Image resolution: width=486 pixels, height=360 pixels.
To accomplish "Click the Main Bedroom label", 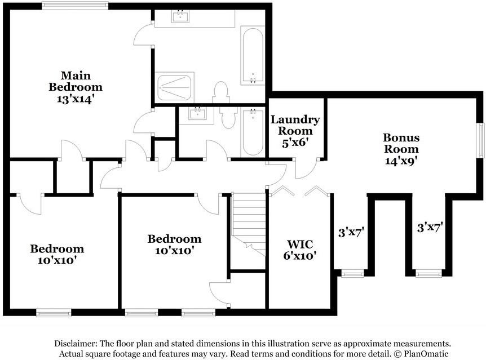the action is [76, 81].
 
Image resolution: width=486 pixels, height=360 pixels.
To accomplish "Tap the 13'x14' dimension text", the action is [76, 99].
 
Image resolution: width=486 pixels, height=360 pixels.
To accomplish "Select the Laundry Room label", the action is [295, 125].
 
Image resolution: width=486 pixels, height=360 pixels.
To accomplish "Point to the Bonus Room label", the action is [401, 143].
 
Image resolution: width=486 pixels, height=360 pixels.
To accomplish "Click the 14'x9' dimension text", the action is [401, 161].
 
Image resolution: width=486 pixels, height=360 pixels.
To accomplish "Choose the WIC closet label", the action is [300, 245].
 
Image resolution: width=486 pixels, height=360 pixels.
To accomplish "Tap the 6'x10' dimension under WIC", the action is [300, 256].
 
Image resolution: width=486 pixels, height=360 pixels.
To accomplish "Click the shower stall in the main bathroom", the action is [175, 87].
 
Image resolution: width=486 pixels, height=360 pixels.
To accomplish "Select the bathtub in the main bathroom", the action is [253, 55].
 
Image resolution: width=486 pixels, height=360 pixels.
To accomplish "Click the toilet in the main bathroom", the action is [220, 92].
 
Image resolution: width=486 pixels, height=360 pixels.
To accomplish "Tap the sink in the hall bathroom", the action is [197, 114].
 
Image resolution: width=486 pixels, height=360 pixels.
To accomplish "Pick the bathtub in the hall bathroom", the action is [253, 132].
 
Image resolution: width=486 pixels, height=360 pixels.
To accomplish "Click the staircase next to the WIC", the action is [249, 224].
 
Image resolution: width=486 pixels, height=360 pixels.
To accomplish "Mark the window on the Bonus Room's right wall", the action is [481, 140].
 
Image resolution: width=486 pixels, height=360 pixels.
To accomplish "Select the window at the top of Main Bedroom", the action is [76, 6].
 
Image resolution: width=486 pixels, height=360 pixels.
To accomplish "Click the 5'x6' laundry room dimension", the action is [295, 143].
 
